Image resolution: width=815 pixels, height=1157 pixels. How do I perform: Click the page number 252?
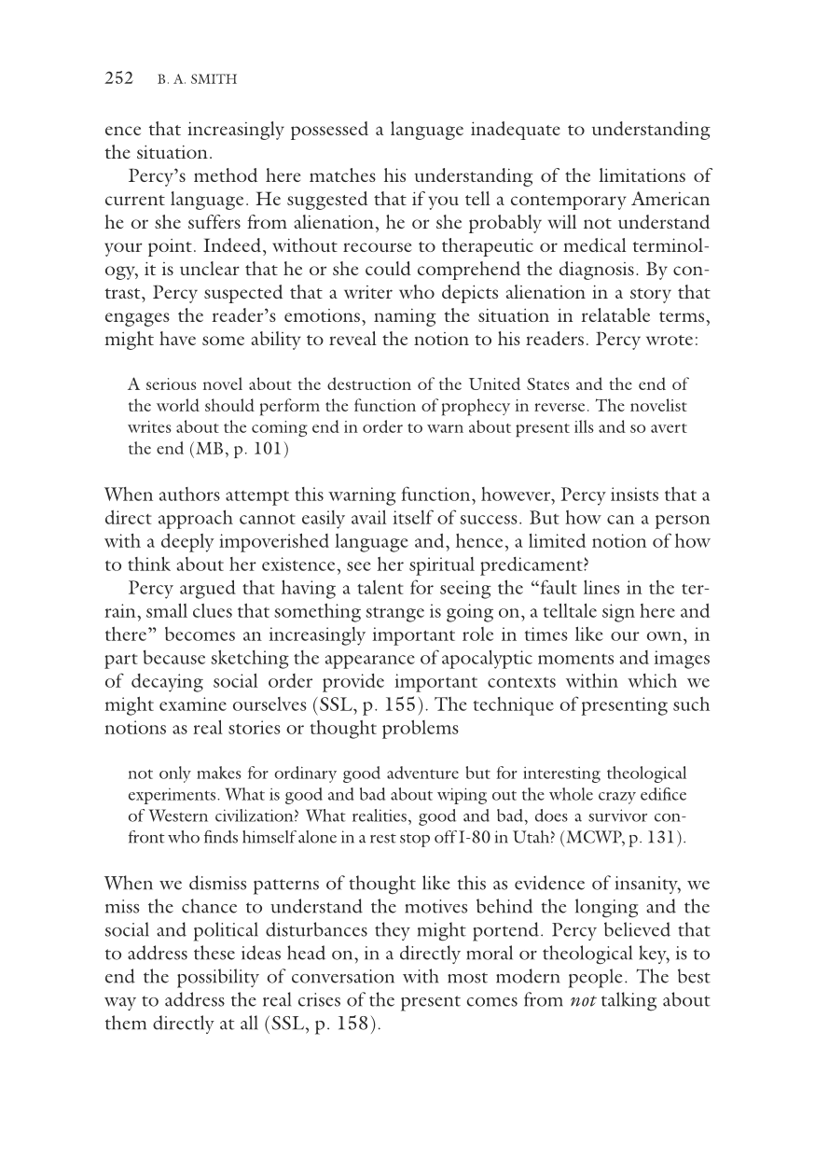(x=118, y=79)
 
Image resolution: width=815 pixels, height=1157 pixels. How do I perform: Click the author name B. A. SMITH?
(x=198, y=80)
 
